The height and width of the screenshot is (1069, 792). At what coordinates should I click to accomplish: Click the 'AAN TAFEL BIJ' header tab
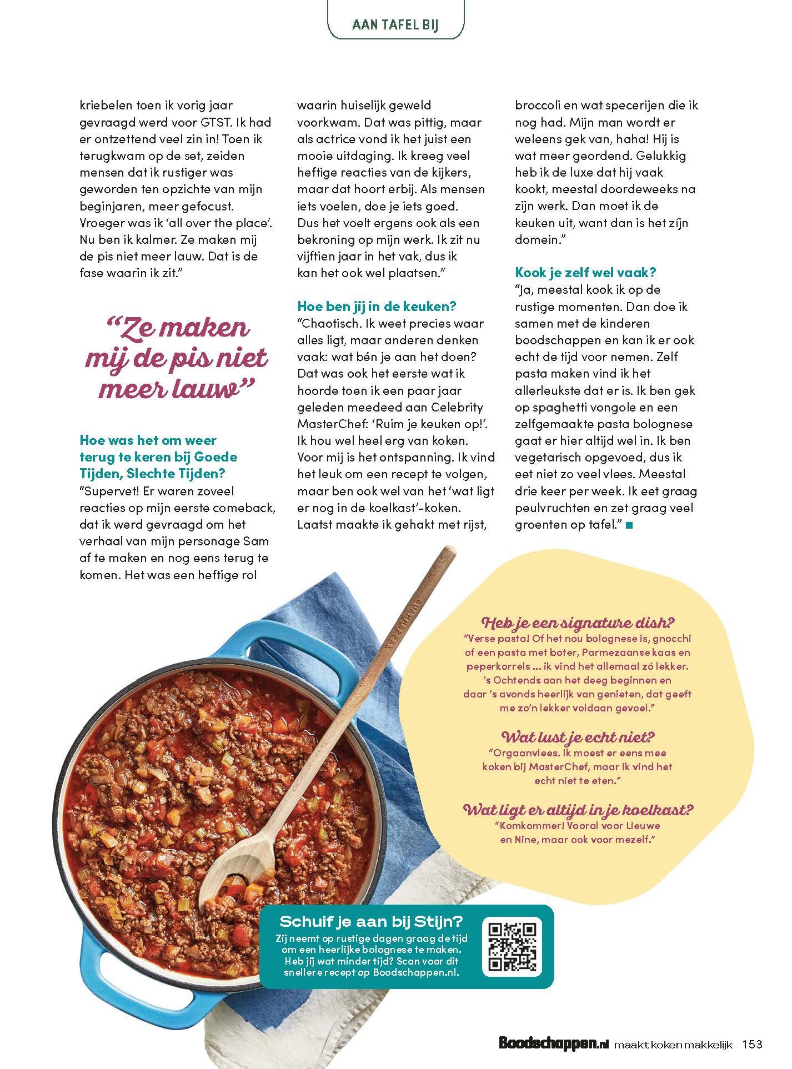(x=395, y=26)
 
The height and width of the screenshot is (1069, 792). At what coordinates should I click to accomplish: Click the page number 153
(x=753, y=1045)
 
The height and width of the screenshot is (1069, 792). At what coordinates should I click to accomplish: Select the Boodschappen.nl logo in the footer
(x=553, y=1045)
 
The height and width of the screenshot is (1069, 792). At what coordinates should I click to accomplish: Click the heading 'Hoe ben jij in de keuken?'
(x=377, y=307)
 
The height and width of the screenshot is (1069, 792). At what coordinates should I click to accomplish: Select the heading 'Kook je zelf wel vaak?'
(x=586, y=273)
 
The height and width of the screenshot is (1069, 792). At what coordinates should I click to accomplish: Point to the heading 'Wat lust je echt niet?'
(x=578, y=737)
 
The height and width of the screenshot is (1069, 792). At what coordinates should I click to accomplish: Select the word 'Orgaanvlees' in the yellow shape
(x=522, y=754)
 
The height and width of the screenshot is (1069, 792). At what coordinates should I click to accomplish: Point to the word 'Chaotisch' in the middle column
(x=330, y=323)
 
